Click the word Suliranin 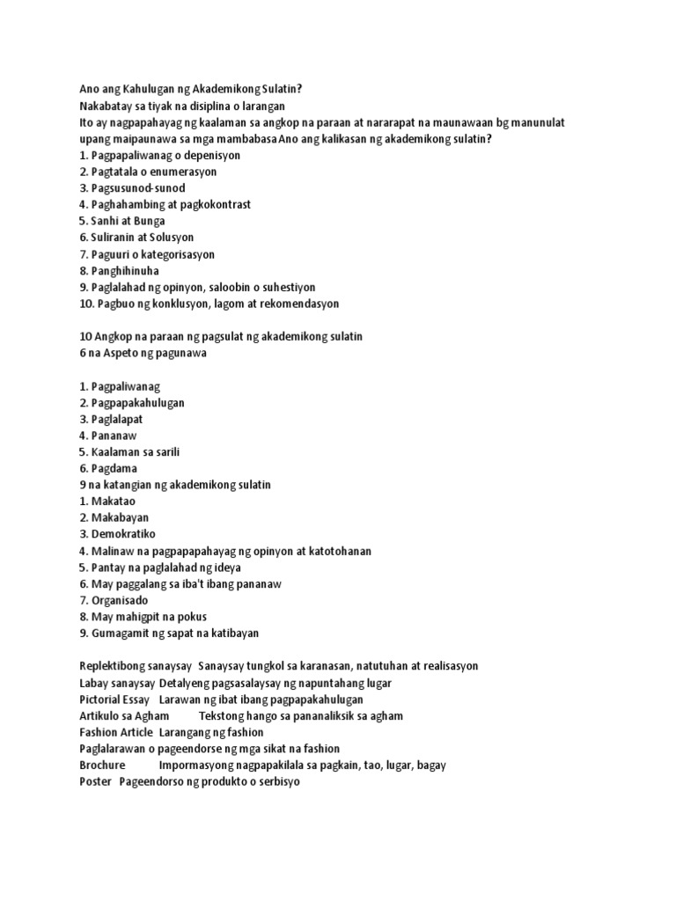coord(114,238)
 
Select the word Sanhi coord(105,221)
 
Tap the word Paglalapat coord(117,419)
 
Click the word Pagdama coord(112,468)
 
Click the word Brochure coord(102,765)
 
